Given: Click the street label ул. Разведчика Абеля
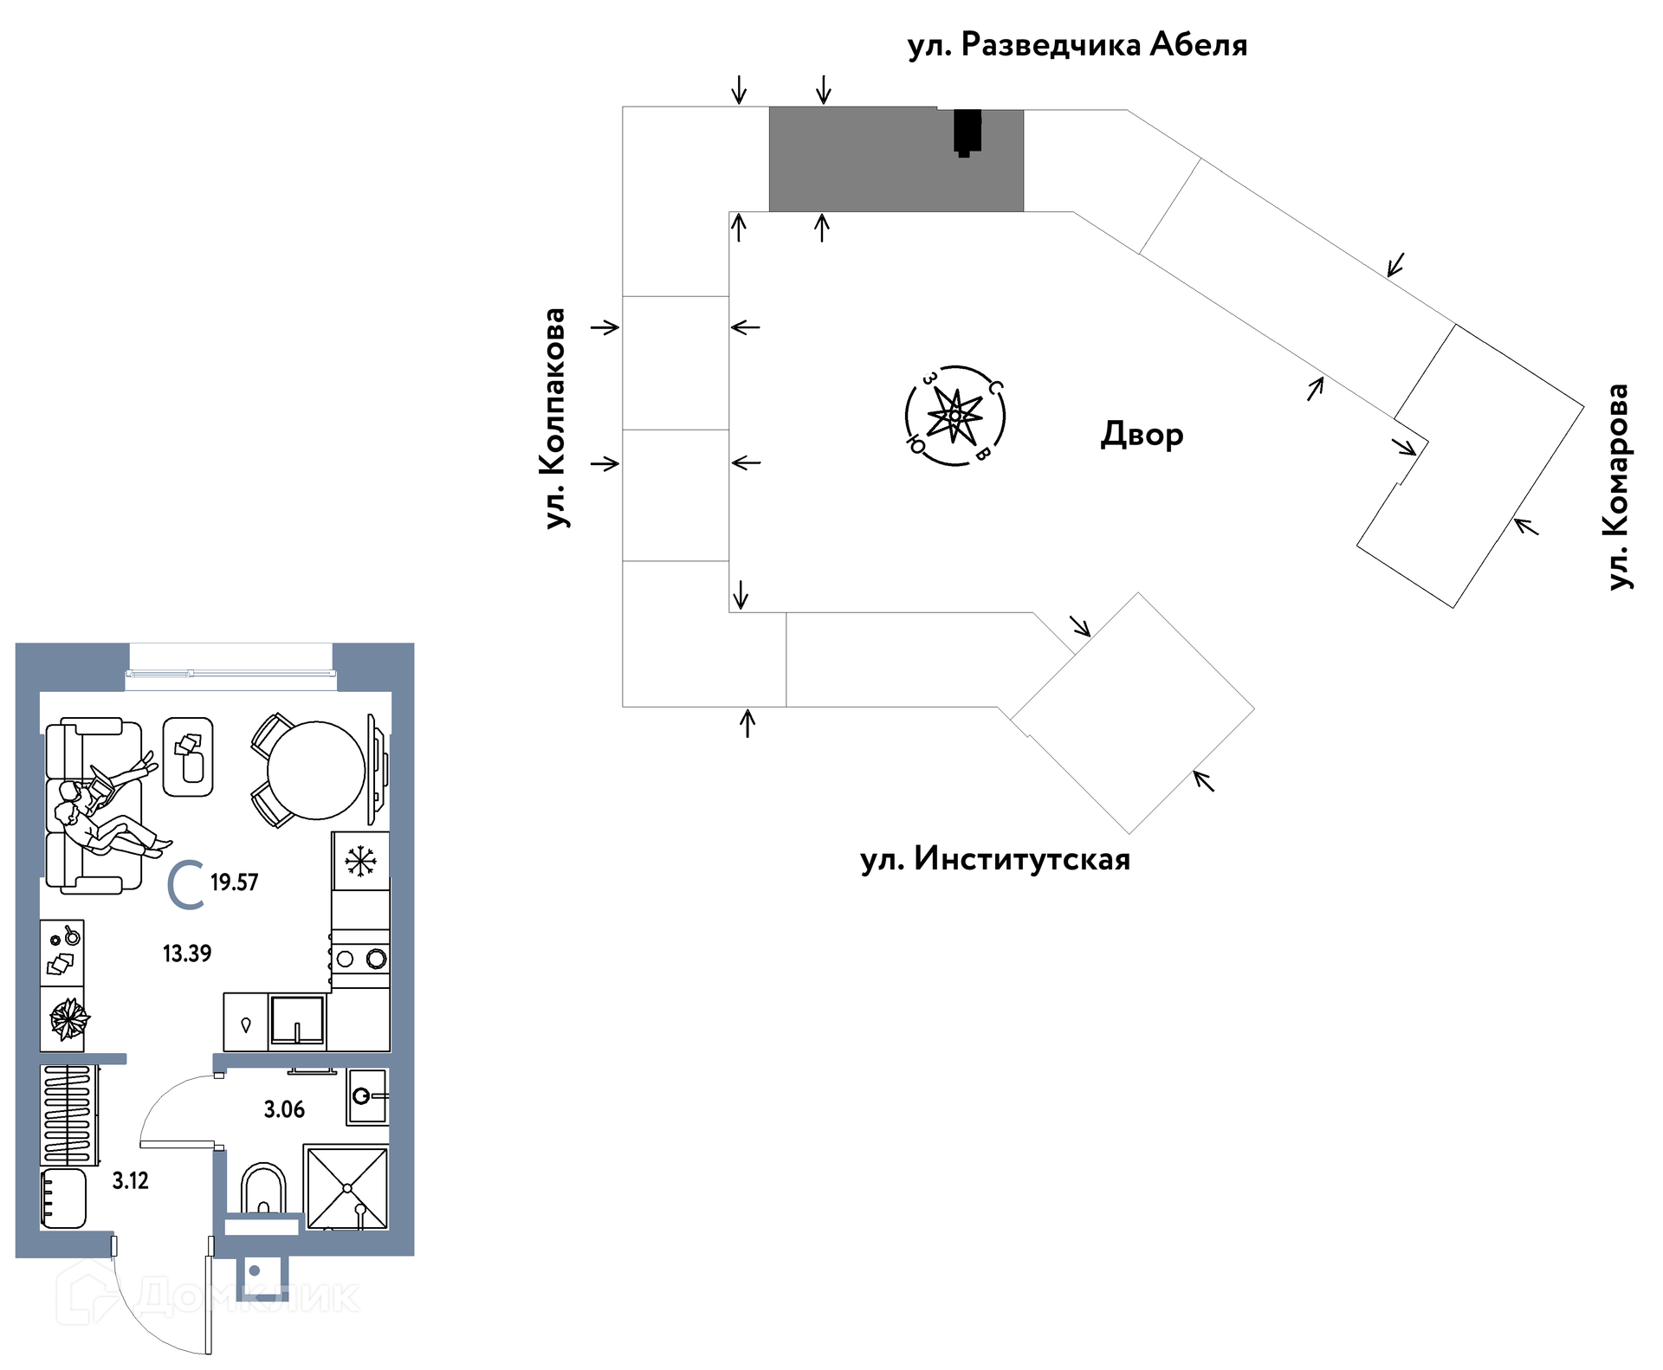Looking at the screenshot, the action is [1077, 45].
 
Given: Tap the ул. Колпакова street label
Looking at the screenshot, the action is [554, 418].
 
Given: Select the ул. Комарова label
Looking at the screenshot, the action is [1618, 488].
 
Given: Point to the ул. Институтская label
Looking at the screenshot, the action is [995, 860].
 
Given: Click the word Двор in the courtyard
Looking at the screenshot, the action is [1142, 435].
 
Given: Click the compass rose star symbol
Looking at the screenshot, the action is [954, 416].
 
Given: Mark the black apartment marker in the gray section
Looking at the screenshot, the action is [967, 133].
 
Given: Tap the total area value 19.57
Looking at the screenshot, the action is [234, 882].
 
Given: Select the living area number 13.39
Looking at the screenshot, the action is [187, 953].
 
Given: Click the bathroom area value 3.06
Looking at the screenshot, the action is [284, 1109].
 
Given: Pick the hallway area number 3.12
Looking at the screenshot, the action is [131, 1180].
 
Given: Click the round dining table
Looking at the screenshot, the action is [316, 770].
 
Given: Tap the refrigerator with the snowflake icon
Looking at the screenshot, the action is [360, 861].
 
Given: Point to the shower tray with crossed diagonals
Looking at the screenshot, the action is [346, 1186].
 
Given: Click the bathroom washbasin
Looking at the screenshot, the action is [367, 1096].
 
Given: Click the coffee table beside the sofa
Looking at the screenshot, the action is [188, 757].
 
